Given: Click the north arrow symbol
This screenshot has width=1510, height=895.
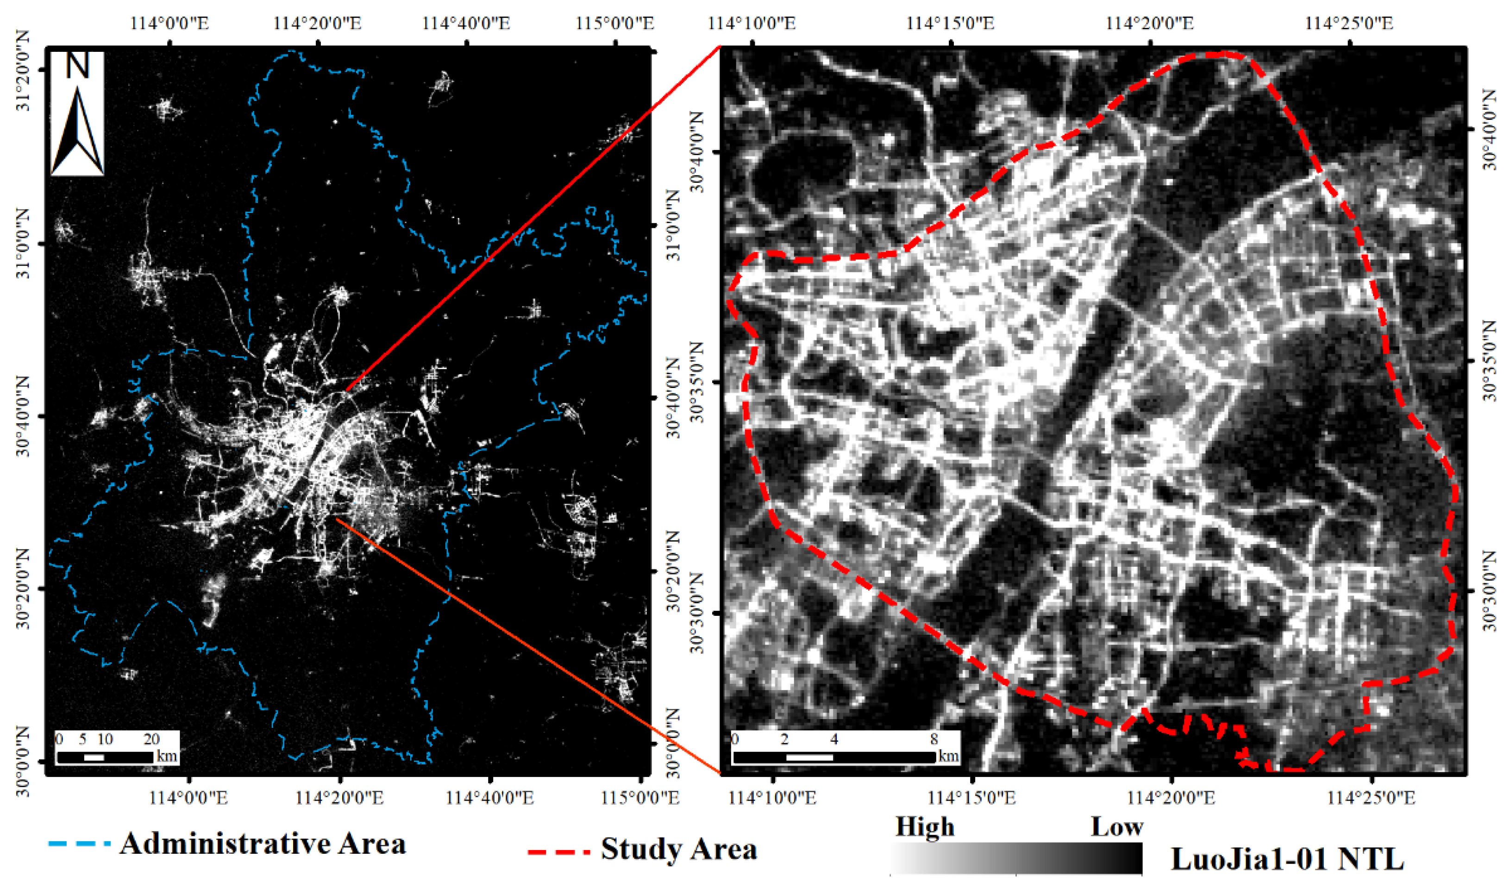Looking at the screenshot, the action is pos(77,131).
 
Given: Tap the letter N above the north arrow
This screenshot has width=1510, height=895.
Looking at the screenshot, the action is pos(77,65).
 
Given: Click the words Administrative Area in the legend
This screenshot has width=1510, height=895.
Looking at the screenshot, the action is pos(263,843).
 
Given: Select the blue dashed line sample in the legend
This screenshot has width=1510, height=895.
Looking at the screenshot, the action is pos(79,843).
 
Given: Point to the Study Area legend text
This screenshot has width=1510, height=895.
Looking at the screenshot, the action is pos(678,849).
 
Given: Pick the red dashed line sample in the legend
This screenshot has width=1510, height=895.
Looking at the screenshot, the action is pos(558,851).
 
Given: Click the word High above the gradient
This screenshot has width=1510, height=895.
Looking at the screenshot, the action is pos(924,826).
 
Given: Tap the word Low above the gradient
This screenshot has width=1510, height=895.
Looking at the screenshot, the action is pos(1117,826).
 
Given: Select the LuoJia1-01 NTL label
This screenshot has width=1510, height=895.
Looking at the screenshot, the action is pos(1287,859).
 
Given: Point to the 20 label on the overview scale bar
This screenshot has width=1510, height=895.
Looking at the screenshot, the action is pos(151,739).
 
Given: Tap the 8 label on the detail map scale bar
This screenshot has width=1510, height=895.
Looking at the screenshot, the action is pos(934,739).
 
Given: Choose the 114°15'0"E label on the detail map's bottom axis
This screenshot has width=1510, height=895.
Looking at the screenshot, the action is pos(971,797).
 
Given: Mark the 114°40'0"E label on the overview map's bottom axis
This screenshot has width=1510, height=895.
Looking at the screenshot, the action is pos(489,797).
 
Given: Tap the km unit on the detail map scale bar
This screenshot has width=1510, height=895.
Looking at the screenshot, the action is pos(949,756).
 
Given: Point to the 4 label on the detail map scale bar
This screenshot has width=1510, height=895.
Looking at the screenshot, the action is pos(834,739).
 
